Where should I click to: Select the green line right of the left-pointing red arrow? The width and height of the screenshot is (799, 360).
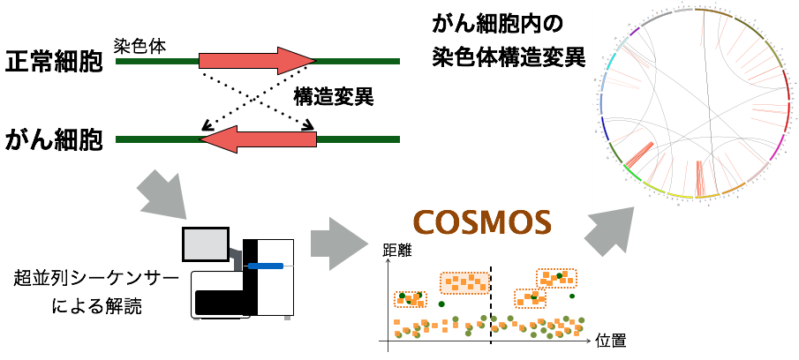(358, 139)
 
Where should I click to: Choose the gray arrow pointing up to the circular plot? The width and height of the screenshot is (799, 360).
(610, 232)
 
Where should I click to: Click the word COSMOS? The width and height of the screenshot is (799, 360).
(482, 223)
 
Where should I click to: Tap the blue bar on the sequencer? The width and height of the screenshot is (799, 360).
(266, 266)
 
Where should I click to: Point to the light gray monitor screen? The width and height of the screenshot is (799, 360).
(206, 244)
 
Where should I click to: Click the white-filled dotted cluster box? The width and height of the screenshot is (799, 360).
(464, 283)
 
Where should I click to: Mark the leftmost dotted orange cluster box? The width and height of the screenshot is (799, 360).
(410, 300)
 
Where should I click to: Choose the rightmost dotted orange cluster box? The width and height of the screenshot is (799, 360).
(556, 279)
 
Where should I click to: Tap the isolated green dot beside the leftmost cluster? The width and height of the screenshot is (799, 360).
(441, 304)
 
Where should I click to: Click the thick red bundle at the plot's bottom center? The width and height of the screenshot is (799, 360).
(700, 178)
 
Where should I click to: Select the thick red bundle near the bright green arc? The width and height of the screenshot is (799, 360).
(641, 155)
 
